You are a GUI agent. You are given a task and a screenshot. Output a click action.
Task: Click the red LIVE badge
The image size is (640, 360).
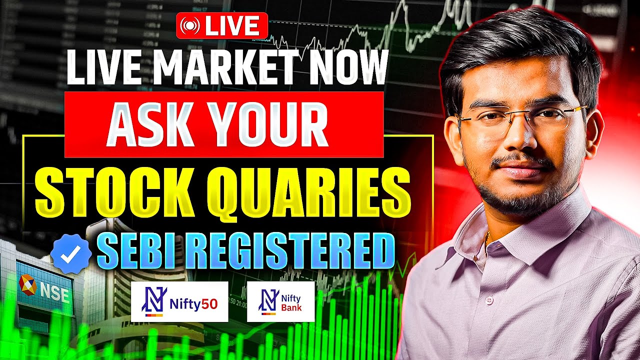point(222,25)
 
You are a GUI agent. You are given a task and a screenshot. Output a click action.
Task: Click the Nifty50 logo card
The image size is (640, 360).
point(179,301)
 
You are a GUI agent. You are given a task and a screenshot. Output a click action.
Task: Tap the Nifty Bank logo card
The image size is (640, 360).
point(281,301)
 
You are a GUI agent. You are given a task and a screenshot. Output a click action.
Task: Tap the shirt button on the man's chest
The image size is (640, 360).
point(489,300)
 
